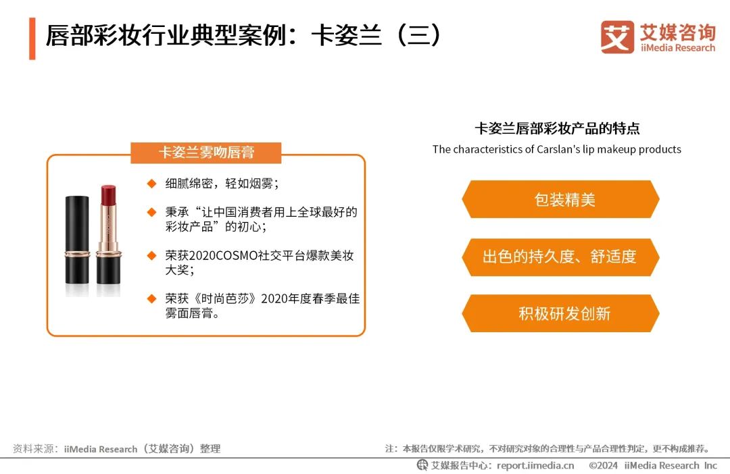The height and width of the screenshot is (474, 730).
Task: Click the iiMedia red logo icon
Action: [617, 37]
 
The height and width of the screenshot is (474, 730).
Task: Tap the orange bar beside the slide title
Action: [32, 38]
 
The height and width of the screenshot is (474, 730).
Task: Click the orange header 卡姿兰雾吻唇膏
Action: [205, 152]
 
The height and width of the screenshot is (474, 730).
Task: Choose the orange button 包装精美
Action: [560, 199]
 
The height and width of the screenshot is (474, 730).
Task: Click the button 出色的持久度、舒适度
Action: [560, 257]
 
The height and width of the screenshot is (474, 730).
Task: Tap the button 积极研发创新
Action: [560, 313]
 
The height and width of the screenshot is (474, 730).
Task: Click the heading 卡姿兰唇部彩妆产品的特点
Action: [557, 128]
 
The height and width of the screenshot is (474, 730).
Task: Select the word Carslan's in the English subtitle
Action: [560, 149]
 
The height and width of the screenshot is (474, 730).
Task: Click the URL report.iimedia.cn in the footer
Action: [535, 465]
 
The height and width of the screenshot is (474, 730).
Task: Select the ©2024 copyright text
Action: [604, 465]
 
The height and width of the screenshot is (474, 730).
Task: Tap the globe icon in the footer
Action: [422, 465]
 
